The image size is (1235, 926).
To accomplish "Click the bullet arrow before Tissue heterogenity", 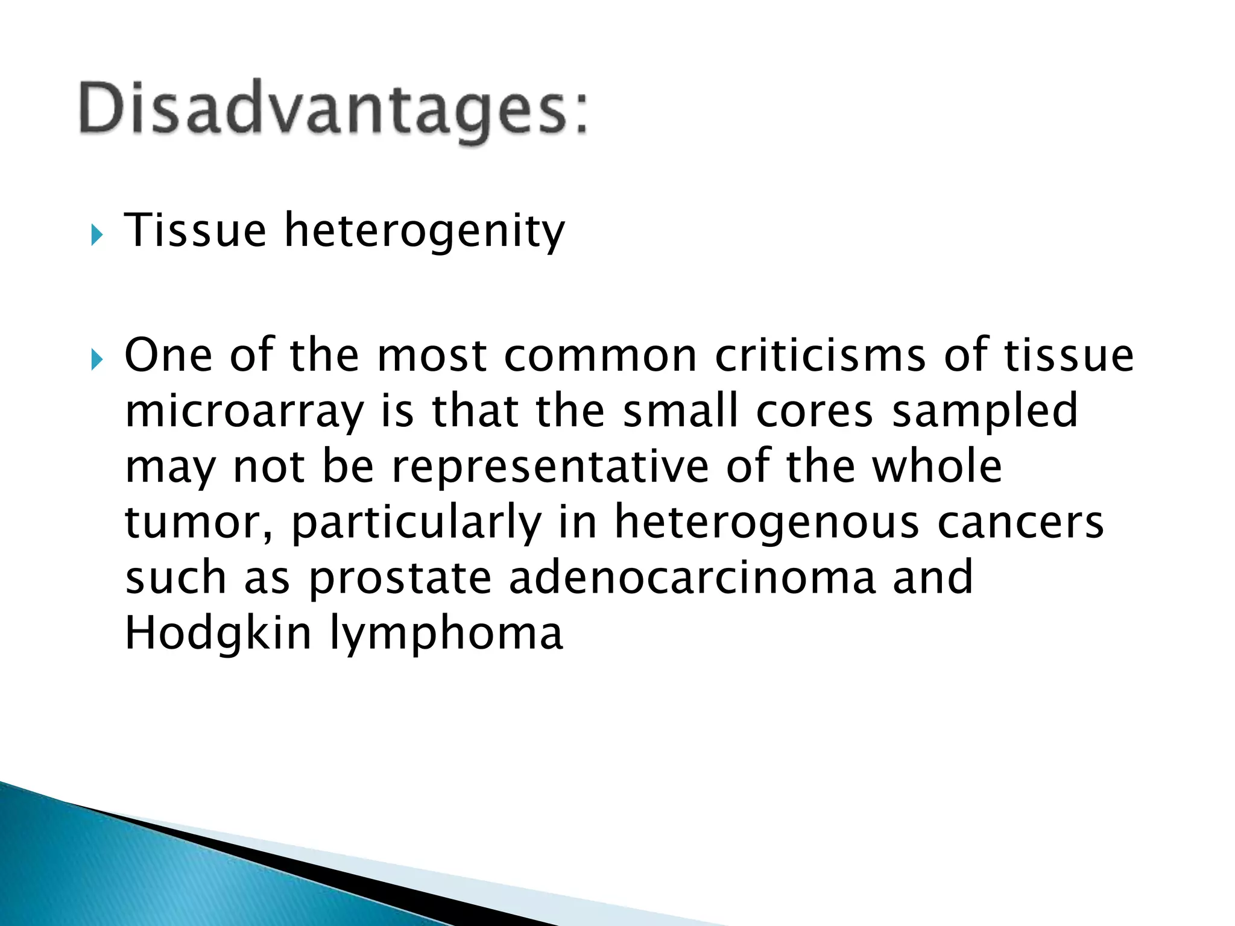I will coord(97,235).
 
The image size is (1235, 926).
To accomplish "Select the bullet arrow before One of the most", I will coord(97,361).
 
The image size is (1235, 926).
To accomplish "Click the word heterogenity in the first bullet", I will coord(425,231).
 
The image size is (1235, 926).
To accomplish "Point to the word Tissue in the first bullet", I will coord(195,230).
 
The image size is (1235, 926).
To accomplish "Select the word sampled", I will coord(985,412).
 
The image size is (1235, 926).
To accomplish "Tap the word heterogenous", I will coord(766,523).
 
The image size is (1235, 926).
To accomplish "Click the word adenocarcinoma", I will coord(692,578).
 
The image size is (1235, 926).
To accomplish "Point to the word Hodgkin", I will coord(218,634).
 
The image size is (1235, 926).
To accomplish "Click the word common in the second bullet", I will coord(600,356).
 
